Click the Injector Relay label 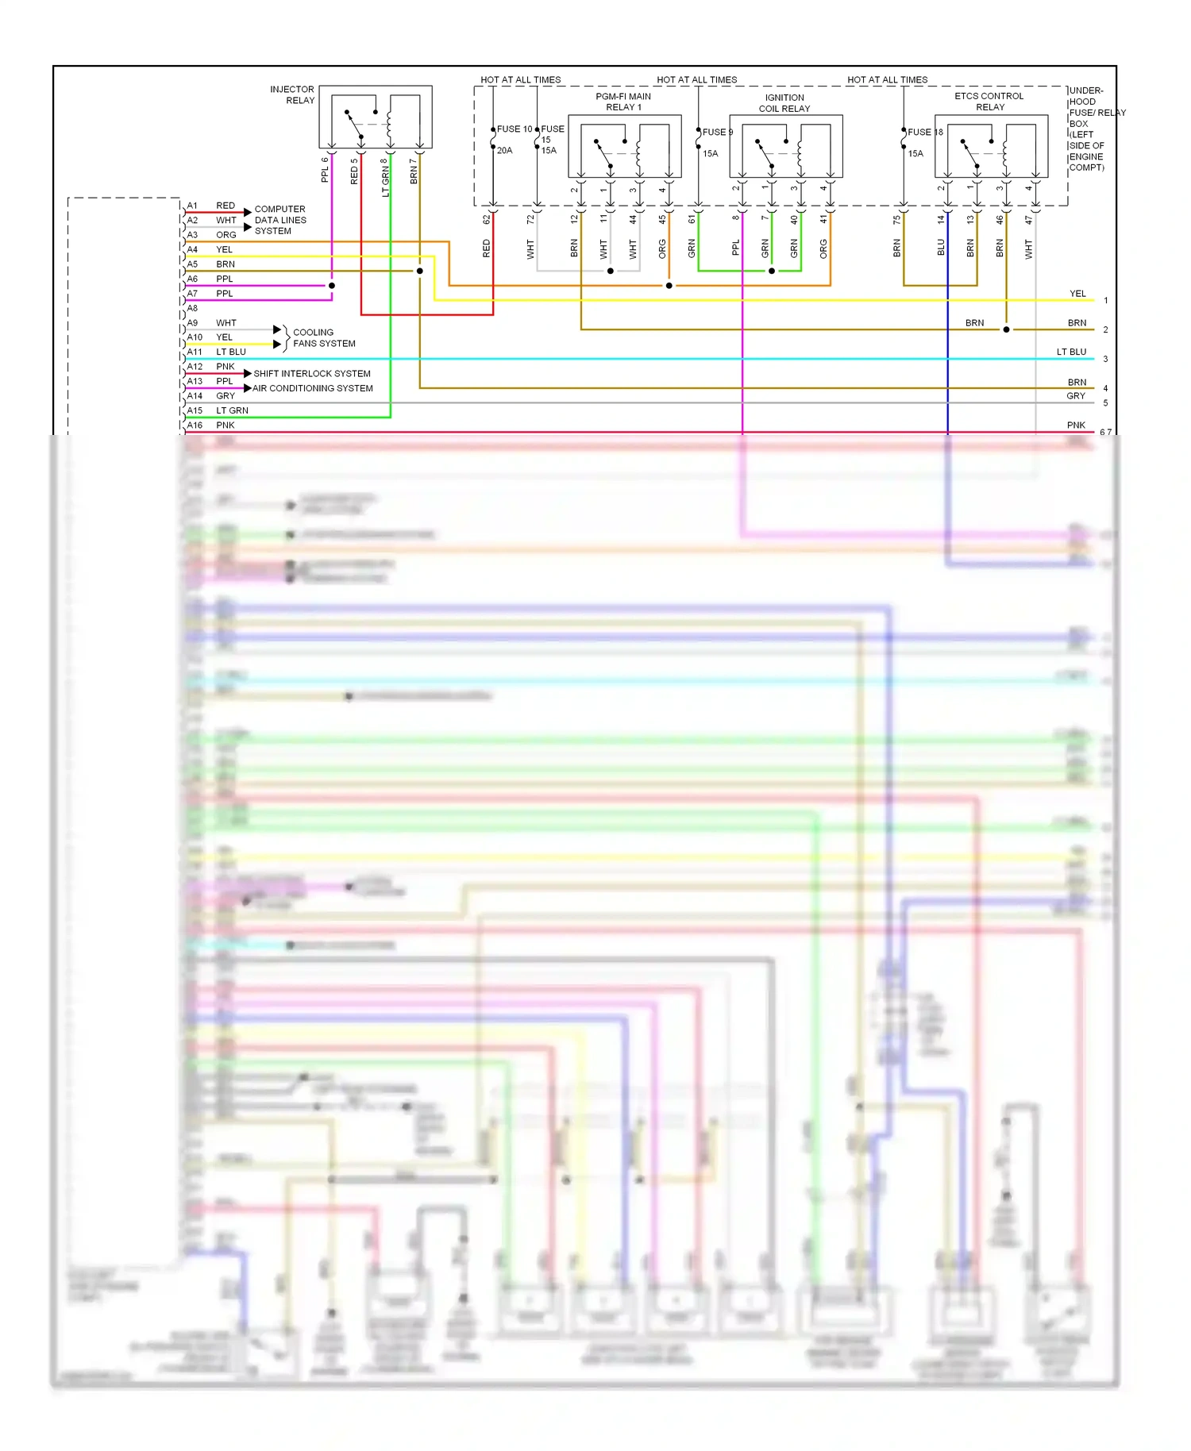coord(292,95)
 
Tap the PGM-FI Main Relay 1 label coord(623,102)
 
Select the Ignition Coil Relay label coord(784,103)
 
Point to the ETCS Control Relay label coord(989,102)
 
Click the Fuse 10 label coord(515,129)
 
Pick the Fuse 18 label coord(925,133)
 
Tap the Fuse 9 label coord(717,133)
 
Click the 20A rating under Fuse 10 coord(505,151)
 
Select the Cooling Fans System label coord(324,338)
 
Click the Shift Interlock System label coord(312,374)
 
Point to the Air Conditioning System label coord(313,388)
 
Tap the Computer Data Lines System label coord(280,220)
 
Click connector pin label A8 coord(192,308)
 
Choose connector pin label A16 coord(195,425)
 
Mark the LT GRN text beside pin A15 coord(232,410)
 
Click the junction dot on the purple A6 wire coord(332,286)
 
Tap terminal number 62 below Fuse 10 coord(487,220)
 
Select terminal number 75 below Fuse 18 coord(897,220)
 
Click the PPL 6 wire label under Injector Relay coord(325,170)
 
